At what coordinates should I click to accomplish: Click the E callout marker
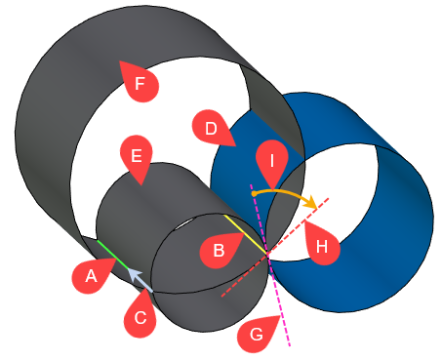pos(136,157)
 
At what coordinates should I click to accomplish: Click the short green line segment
pos(109,250)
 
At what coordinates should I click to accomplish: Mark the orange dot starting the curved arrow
pos(254,193)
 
